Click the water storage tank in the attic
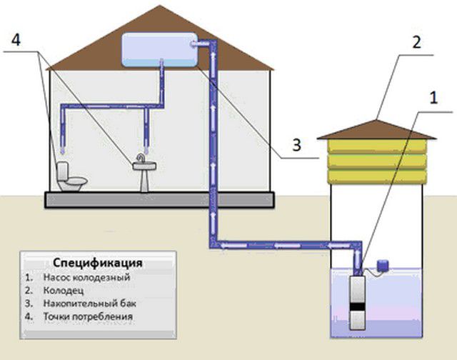[x=161, y=47]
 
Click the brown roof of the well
[x=376, y=128]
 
